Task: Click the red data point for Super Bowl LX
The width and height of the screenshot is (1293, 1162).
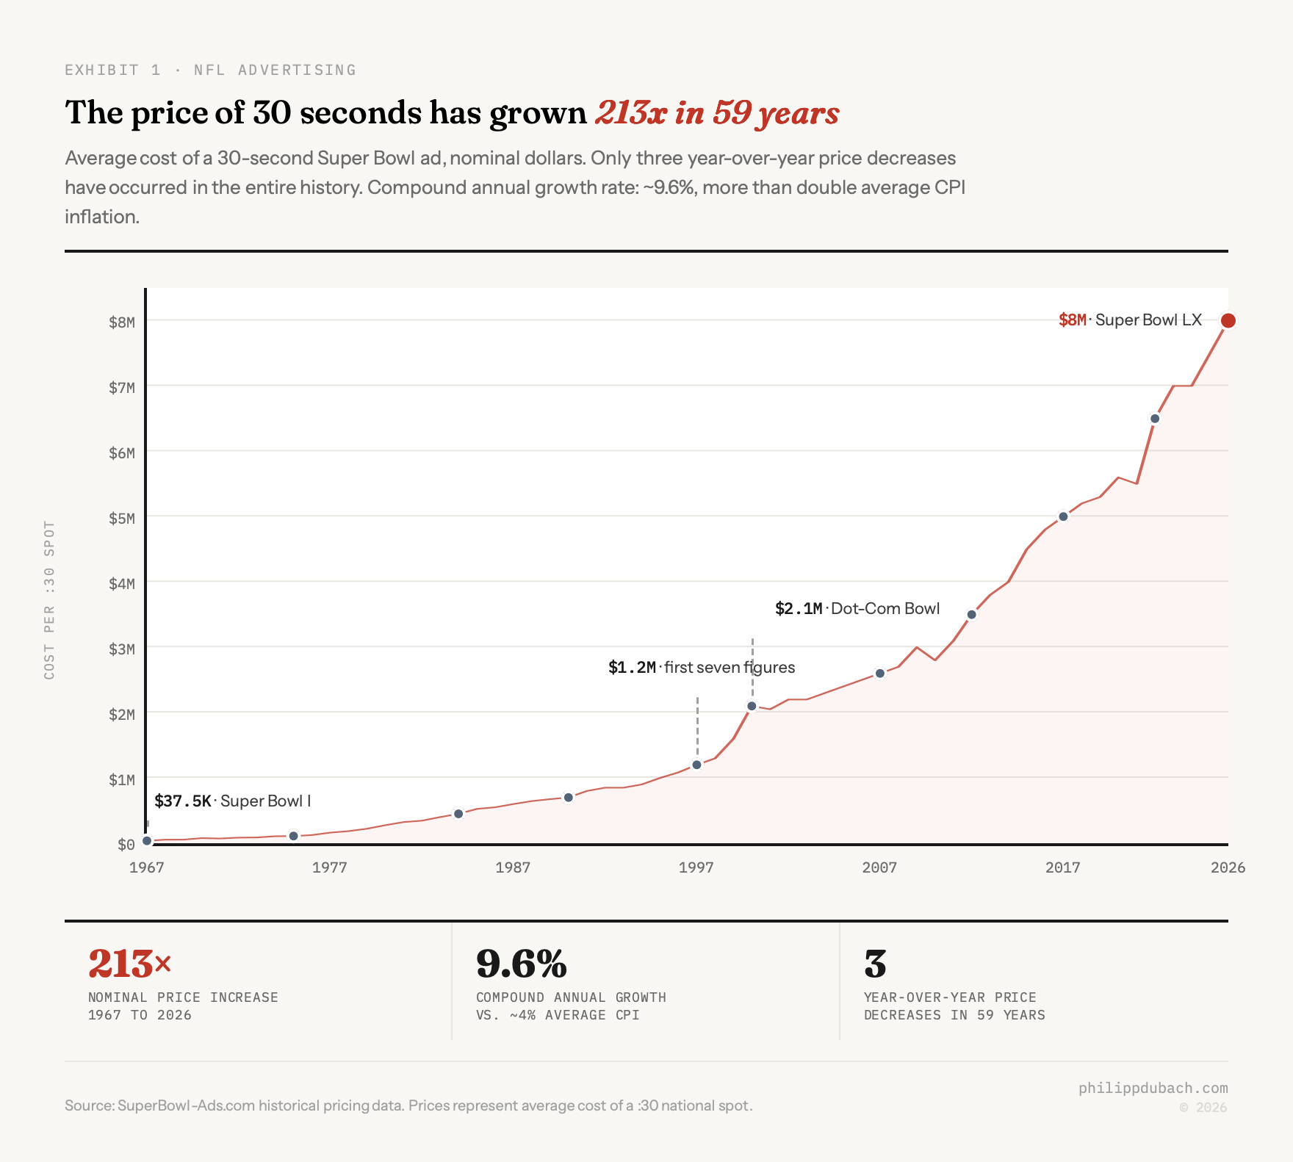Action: pyautogui.click(x=1228, y=320)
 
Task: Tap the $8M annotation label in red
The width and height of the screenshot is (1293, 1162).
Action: pyautogui.click(x=1072, y=320)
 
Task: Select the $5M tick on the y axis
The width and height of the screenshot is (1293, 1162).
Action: pyautogui.click(x=122, y=519)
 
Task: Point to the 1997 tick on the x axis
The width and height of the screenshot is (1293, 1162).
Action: pyautogui.click(x=696, y=867)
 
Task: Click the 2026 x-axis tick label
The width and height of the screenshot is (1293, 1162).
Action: pyautogui.click(x=1228, y=867)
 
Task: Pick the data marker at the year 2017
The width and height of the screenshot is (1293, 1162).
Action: pyautogui.click(x=1063, y=516)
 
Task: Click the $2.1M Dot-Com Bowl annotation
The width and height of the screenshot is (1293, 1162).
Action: pyautogui.click(x=857, y=609)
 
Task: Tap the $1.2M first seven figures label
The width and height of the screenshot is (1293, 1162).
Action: pyautogui.click(x=701, y=668)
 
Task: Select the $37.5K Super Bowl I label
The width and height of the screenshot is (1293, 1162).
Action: pyautogui.click(x=232, y=801)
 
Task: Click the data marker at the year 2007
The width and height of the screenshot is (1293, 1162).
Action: pyautogui.click(x=879, y=674)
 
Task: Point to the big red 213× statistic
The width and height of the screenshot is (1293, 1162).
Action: pyautogui.click(x=129, y=964)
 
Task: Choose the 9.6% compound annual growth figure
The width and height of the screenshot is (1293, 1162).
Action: pyautogui.click(x=522, y=964)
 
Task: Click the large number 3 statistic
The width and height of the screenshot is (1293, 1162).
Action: pyautogui.click(x=875, y=964)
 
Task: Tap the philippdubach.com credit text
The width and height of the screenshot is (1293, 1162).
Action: pyautogui.click(x=1153, y=1088)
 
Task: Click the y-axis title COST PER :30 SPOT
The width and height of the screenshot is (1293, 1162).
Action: pyautogui.click(x=49, y=599)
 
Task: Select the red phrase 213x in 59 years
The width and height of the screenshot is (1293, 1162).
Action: pyautogui.click(x=716, y=113)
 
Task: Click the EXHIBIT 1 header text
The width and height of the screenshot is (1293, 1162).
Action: pyautogui.click(x=112, y=70)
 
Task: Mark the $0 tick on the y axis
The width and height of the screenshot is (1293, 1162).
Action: pyautogui.click(x=126, y=845)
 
